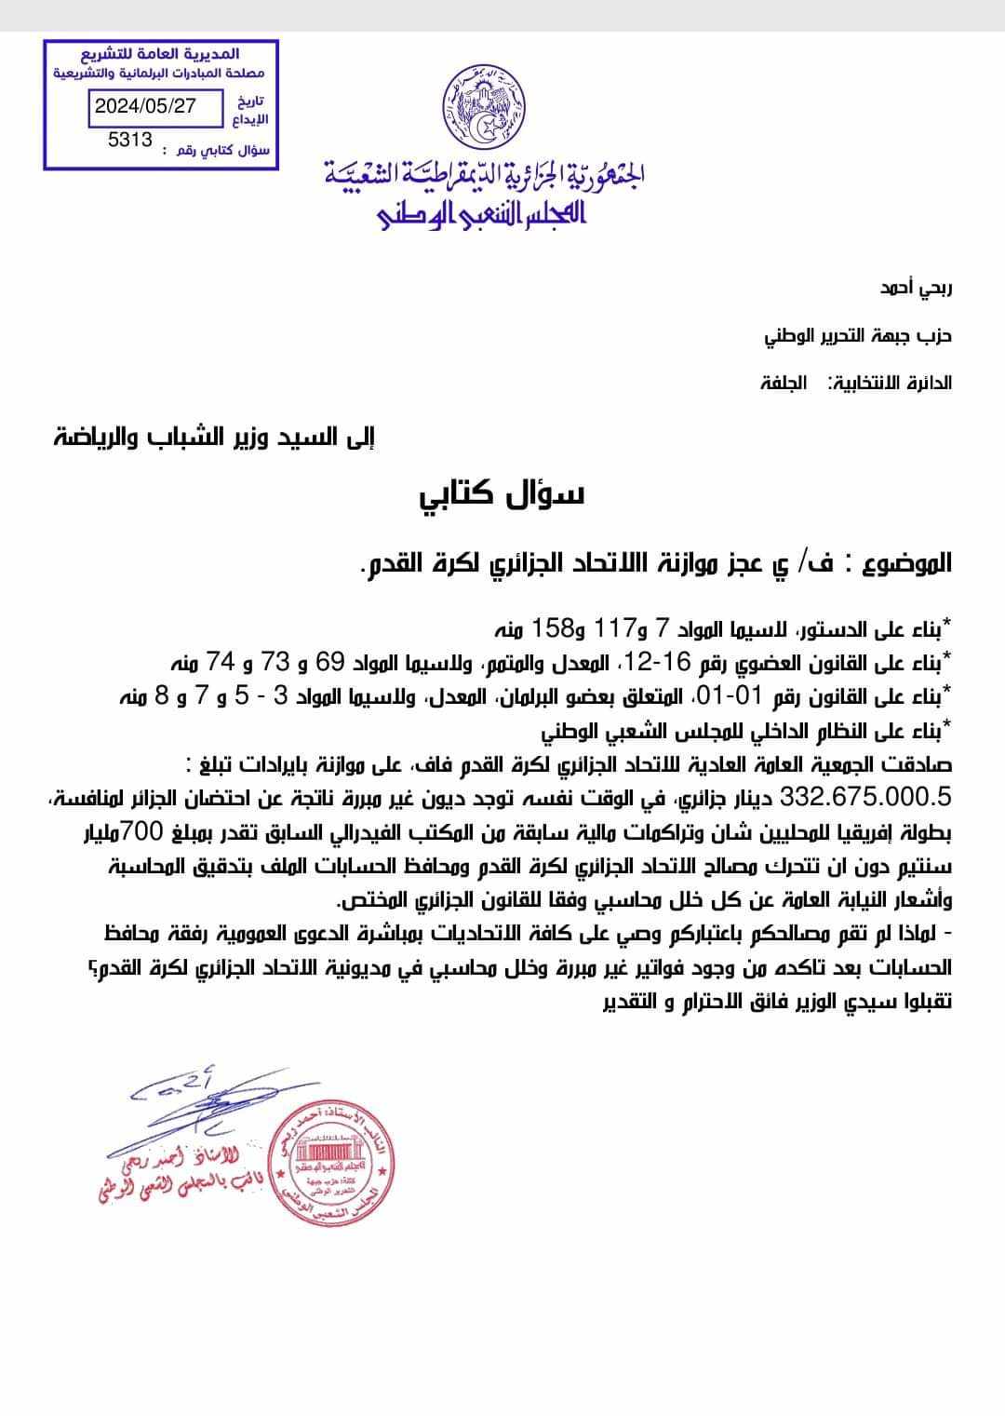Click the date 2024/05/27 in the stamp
pos(145,106)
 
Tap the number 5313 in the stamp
pos(130,141)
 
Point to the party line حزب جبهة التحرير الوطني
pos(858,335)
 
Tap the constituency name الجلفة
pos(784,383)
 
